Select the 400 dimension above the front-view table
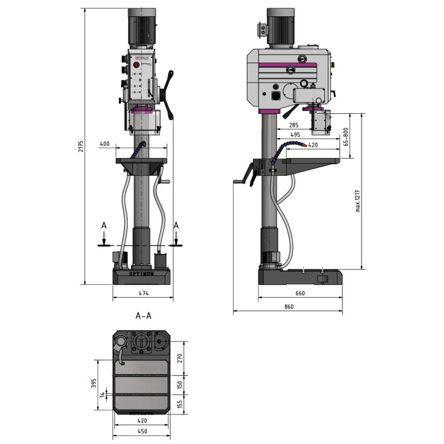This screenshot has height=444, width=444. click(x=104, y=144)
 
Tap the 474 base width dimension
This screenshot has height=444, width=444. click(x=143, y=293)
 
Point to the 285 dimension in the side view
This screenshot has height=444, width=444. click(x=293, y=125)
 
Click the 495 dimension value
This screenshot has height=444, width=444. click(x=295, y=135)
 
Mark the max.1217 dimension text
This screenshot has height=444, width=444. click(x=357, y=199)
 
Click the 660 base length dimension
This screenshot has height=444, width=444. click(x=300, y=293)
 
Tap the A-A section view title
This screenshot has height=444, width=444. click(x=143, y=316)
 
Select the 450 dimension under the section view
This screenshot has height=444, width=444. click(x=143, y=431)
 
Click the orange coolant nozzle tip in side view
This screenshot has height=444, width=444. click(x=306, y=145)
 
